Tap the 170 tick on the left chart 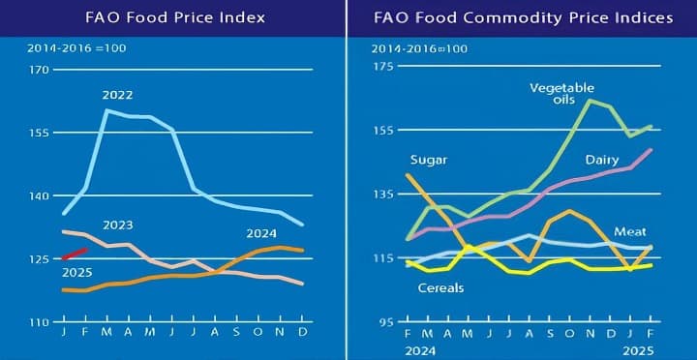pyautogui.click(x=39, y=70)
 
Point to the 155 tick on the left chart pyautogui.click(x=39, y=133)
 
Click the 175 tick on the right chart pyautogui.click(x=382, y=67)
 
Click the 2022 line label pyautogui.click(x=116, y=95)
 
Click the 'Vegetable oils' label pyautogui.click(x=561, y=94)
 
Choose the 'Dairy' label pyautogui.click(x=601, y=159)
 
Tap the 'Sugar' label pyautogui.click(x=428, y=160)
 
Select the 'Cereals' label pyautogui.click(x=440, y=288)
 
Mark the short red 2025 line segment pyautogui.click(x=76, y=255)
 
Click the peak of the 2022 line pyautogui.click(x=106, y=110)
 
